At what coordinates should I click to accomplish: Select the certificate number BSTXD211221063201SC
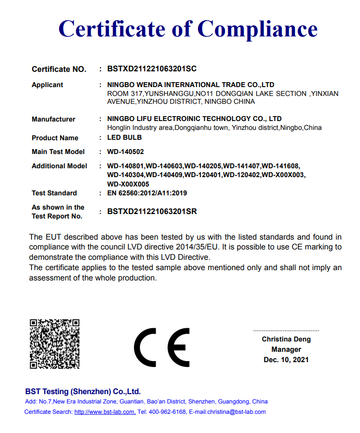pyautogui.click(x=152, y=69)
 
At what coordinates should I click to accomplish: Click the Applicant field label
pyautogui.click(x=47, y=85)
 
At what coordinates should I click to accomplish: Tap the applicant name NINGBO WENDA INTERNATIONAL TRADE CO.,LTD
pyautogui.click(x=191, y=85)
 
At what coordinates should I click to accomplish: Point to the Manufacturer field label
pyautogui.click(x=53, y=119)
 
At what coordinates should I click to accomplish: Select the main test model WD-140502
pyautogui.click(x=125, y=152)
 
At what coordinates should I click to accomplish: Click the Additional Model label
pyautogui.click(x=59, y=166)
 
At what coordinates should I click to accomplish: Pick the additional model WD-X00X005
pyautogui.click(x=128, y=183)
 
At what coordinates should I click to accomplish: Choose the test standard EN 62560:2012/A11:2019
pyautogui.click(x=147, y=193)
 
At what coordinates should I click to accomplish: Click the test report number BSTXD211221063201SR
pyautogui.click(x=152, y=212)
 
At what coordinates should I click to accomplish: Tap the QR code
pyautogui.click(x=54, y=344)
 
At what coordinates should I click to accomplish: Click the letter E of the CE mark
pyautogui.click(x=178, y=344)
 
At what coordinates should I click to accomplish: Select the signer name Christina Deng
pyautogui.click(x=286, y=339)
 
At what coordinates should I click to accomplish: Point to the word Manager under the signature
pyautogui.click(x=286, y=349)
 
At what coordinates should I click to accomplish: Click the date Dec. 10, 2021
pyautogui.click(x=286, y=360)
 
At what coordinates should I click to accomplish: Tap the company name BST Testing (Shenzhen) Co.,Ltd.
pyautogui.click(x=83, y=392)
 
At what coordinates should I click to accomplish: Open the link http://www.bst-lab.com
pyautogui.click(x=104, y=412)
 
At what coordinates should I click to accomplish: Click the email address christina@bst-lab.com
pyautogui.click(x=236, y=412)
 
